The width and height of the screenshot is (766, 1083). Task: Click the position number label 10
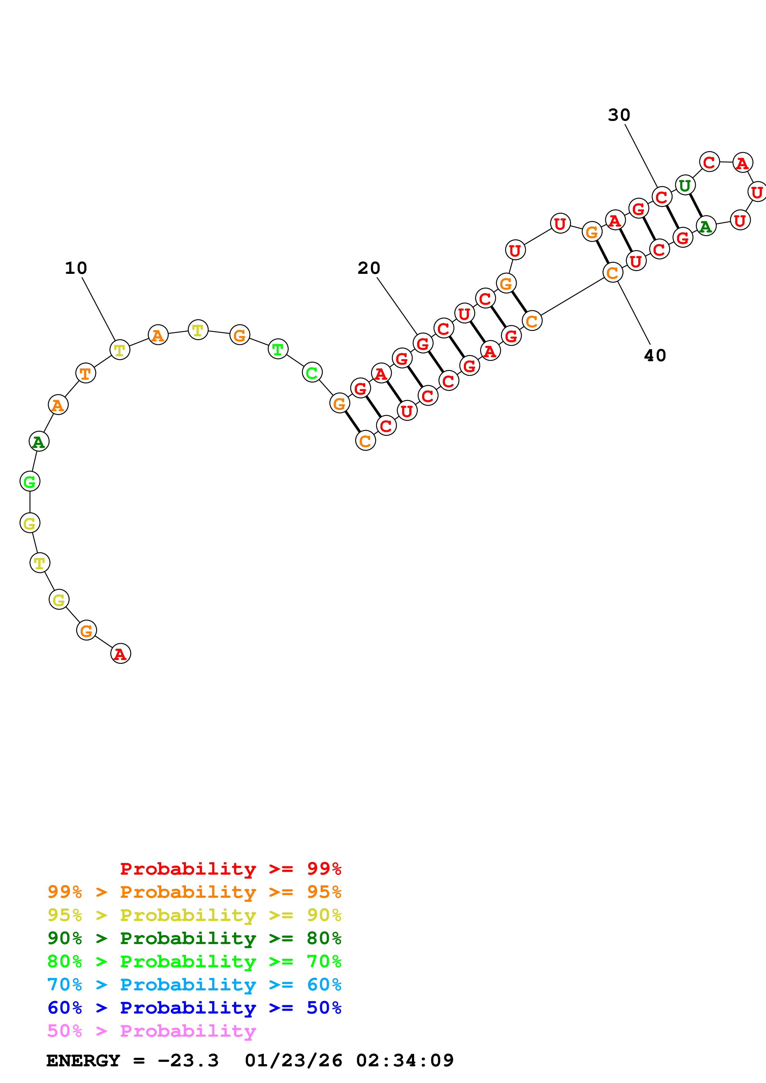76,268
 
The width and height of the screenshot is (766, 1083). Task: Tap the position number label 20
369,268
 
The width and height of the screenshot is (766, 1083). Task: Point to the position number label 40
655,355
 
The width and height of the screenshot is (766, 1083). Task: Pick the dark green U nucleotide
685,185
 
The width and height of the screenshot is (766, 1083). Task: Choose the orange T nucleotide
85,373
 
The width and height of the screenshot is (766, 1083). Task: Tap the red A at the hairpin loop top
743,163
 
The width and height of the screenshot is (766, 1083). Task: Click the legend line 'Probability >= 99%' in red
230,868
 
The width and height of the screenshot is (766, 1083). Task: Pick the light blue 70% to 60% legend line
194,985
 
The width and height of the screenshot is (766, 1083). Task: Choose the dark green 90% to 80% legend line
194,938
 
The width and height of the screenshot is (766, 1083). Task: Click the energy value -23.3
188,1060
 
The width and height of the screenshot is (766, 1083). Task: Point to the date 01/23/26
294,1060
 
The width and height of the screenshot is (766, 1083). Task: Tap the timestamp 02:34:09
404,1060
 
